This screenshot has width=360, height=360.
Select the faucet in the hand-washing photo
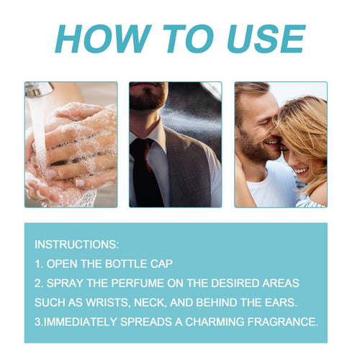(x=39, y=90)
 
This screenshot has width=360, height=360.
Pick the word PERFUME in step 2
(x=138, y=283)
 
